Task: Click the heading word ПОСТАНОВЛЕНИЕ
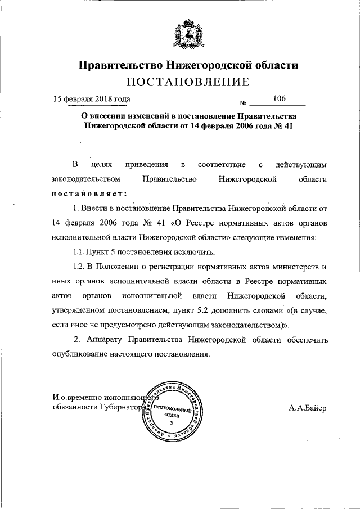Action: pos(187,83)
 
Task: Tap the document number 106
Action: pos(279,99)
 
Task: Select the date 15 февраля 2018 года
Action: pos(92,100)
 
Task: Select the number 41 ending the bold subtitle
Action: pos(289,127)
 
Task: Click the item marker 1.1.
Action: pos(79,251)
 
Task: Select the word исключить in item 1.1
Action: pos(195,251)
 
